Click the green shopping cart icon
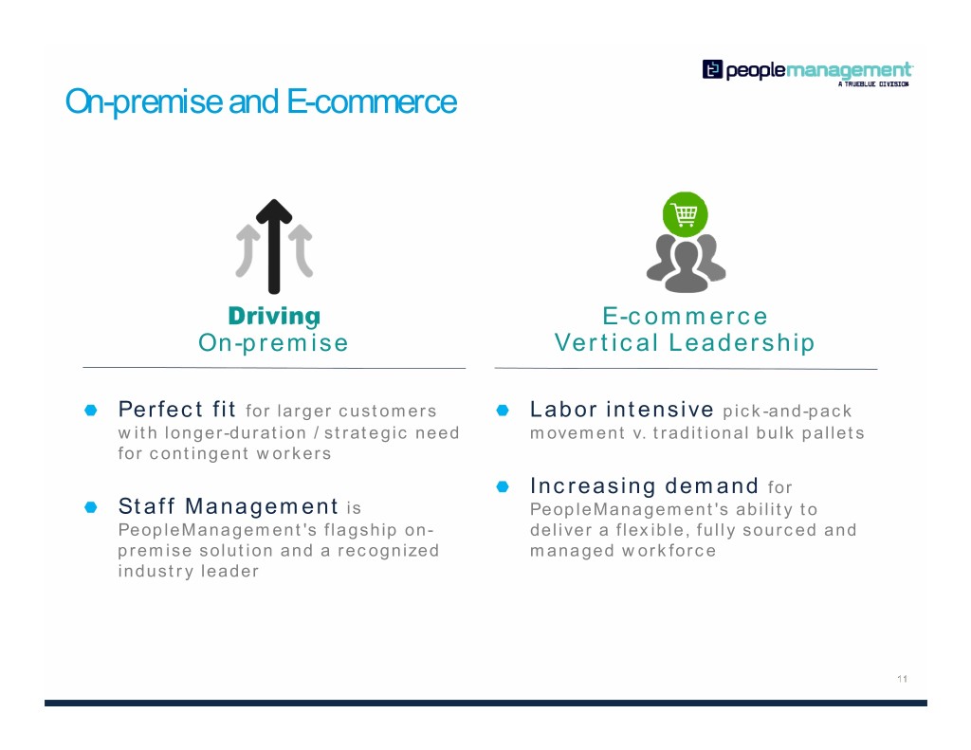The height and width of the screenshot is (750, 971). [685, 214]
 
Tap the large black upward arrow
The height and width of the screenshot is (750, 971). [274, 247]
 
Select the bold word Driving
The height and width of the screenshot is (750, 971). [274, 316]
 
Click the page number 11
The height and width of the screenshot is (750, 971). [903, 679]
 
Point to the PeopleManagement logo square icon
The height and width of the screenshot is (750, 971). [712, 69]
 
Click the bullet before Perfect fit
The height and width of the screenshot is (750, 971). [91, 410]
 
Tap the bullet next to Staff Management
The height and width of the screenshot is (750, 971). [91, 507]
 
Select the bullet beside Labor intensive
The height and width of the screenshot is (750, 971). [503, 410]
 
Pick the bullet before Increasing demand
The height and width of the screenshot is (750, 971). [503, 486]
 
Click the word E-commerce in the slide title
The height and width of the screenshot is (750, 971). [372, 101]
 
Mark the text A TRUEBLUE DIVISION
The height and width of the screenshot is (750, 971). [873, 84]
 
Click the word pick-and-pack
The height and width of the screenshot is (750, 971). [788, 412]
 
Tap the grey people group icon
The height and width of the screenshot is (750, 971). [686, 263]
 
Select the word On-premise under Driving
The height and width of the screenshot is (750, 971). [274, 343]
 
